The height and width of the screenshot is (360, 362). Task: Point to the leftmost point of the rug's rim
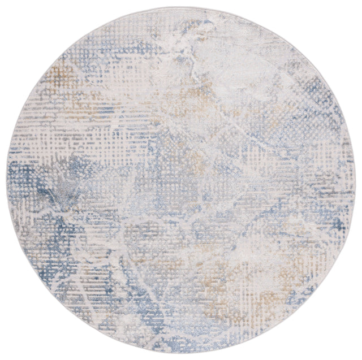pyautogui.click(x=8, y=180)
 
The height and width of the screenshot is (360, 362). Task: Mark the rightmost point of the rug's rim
pyautogui.click(x=354, y=180)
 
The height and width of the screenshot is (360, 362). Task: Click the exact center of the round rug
pyautogui.click(x=181, y=180)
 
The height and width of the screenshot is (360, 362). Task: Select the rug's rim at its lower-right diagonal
pyautogui.click(x=303, y=302)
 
